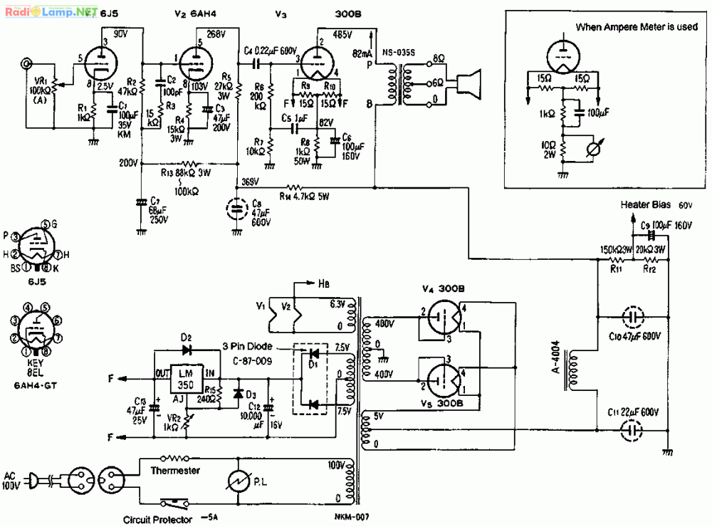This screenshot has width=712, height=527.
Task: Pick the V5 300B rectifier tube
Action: [x=442, y=380]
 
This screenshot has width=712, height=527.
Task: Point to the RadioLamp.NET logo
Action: [x=51, y=11]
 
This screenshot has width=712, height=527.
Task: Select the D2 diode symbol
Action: [x=187, y=350]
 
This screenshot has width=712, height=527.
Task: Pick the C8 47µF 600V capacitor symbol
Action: [x=237, y=209]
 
